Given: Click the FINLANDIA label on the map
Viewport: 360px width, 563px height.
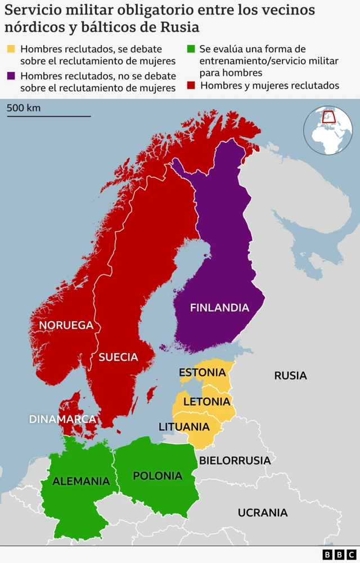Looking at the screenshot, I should coord(219,308).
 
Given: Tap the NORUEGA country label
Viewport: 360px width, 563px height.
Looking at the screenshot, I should coord(66,325).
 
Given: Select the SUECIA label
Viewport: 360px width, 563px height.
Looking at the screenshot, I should coord(118,357).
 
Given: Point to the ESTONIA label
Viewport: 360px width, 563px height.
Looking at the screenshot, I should coord(202,372).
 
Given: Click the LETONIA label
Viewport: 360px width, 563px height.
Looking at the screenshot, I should coord(206,402).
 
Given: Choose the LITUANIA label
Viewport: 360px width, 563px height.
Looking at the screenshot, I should coord(184,427).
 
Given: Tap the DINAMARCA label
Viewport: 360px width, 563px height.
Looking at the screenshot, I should coord(62,419).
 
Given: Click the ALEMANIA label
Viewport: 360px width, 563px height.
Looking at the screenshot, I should coord(81,481).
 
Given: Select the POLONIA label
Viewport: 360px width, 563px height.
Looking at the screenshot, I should coord(157,476).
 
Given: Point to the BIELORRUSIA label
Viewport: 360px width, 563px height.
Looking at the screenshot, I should coord(235,461).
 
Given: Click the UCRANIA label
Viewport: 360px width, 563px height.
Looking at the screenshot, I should coord(262,512).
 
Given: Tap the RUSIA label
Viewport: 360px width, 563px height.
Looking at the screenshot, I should coord(290,375).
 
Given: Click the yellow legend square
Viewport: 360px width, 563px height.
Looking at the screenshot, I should coord(11,49).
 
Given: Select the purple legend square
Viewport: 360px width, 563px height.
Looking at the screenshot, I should coord(11,75).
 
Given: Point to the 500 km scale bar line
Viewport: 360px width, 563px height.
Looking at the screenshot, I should coord(48,116).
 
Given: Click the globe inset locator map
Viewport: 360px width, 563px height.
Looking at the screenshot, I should coord(328,129).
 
